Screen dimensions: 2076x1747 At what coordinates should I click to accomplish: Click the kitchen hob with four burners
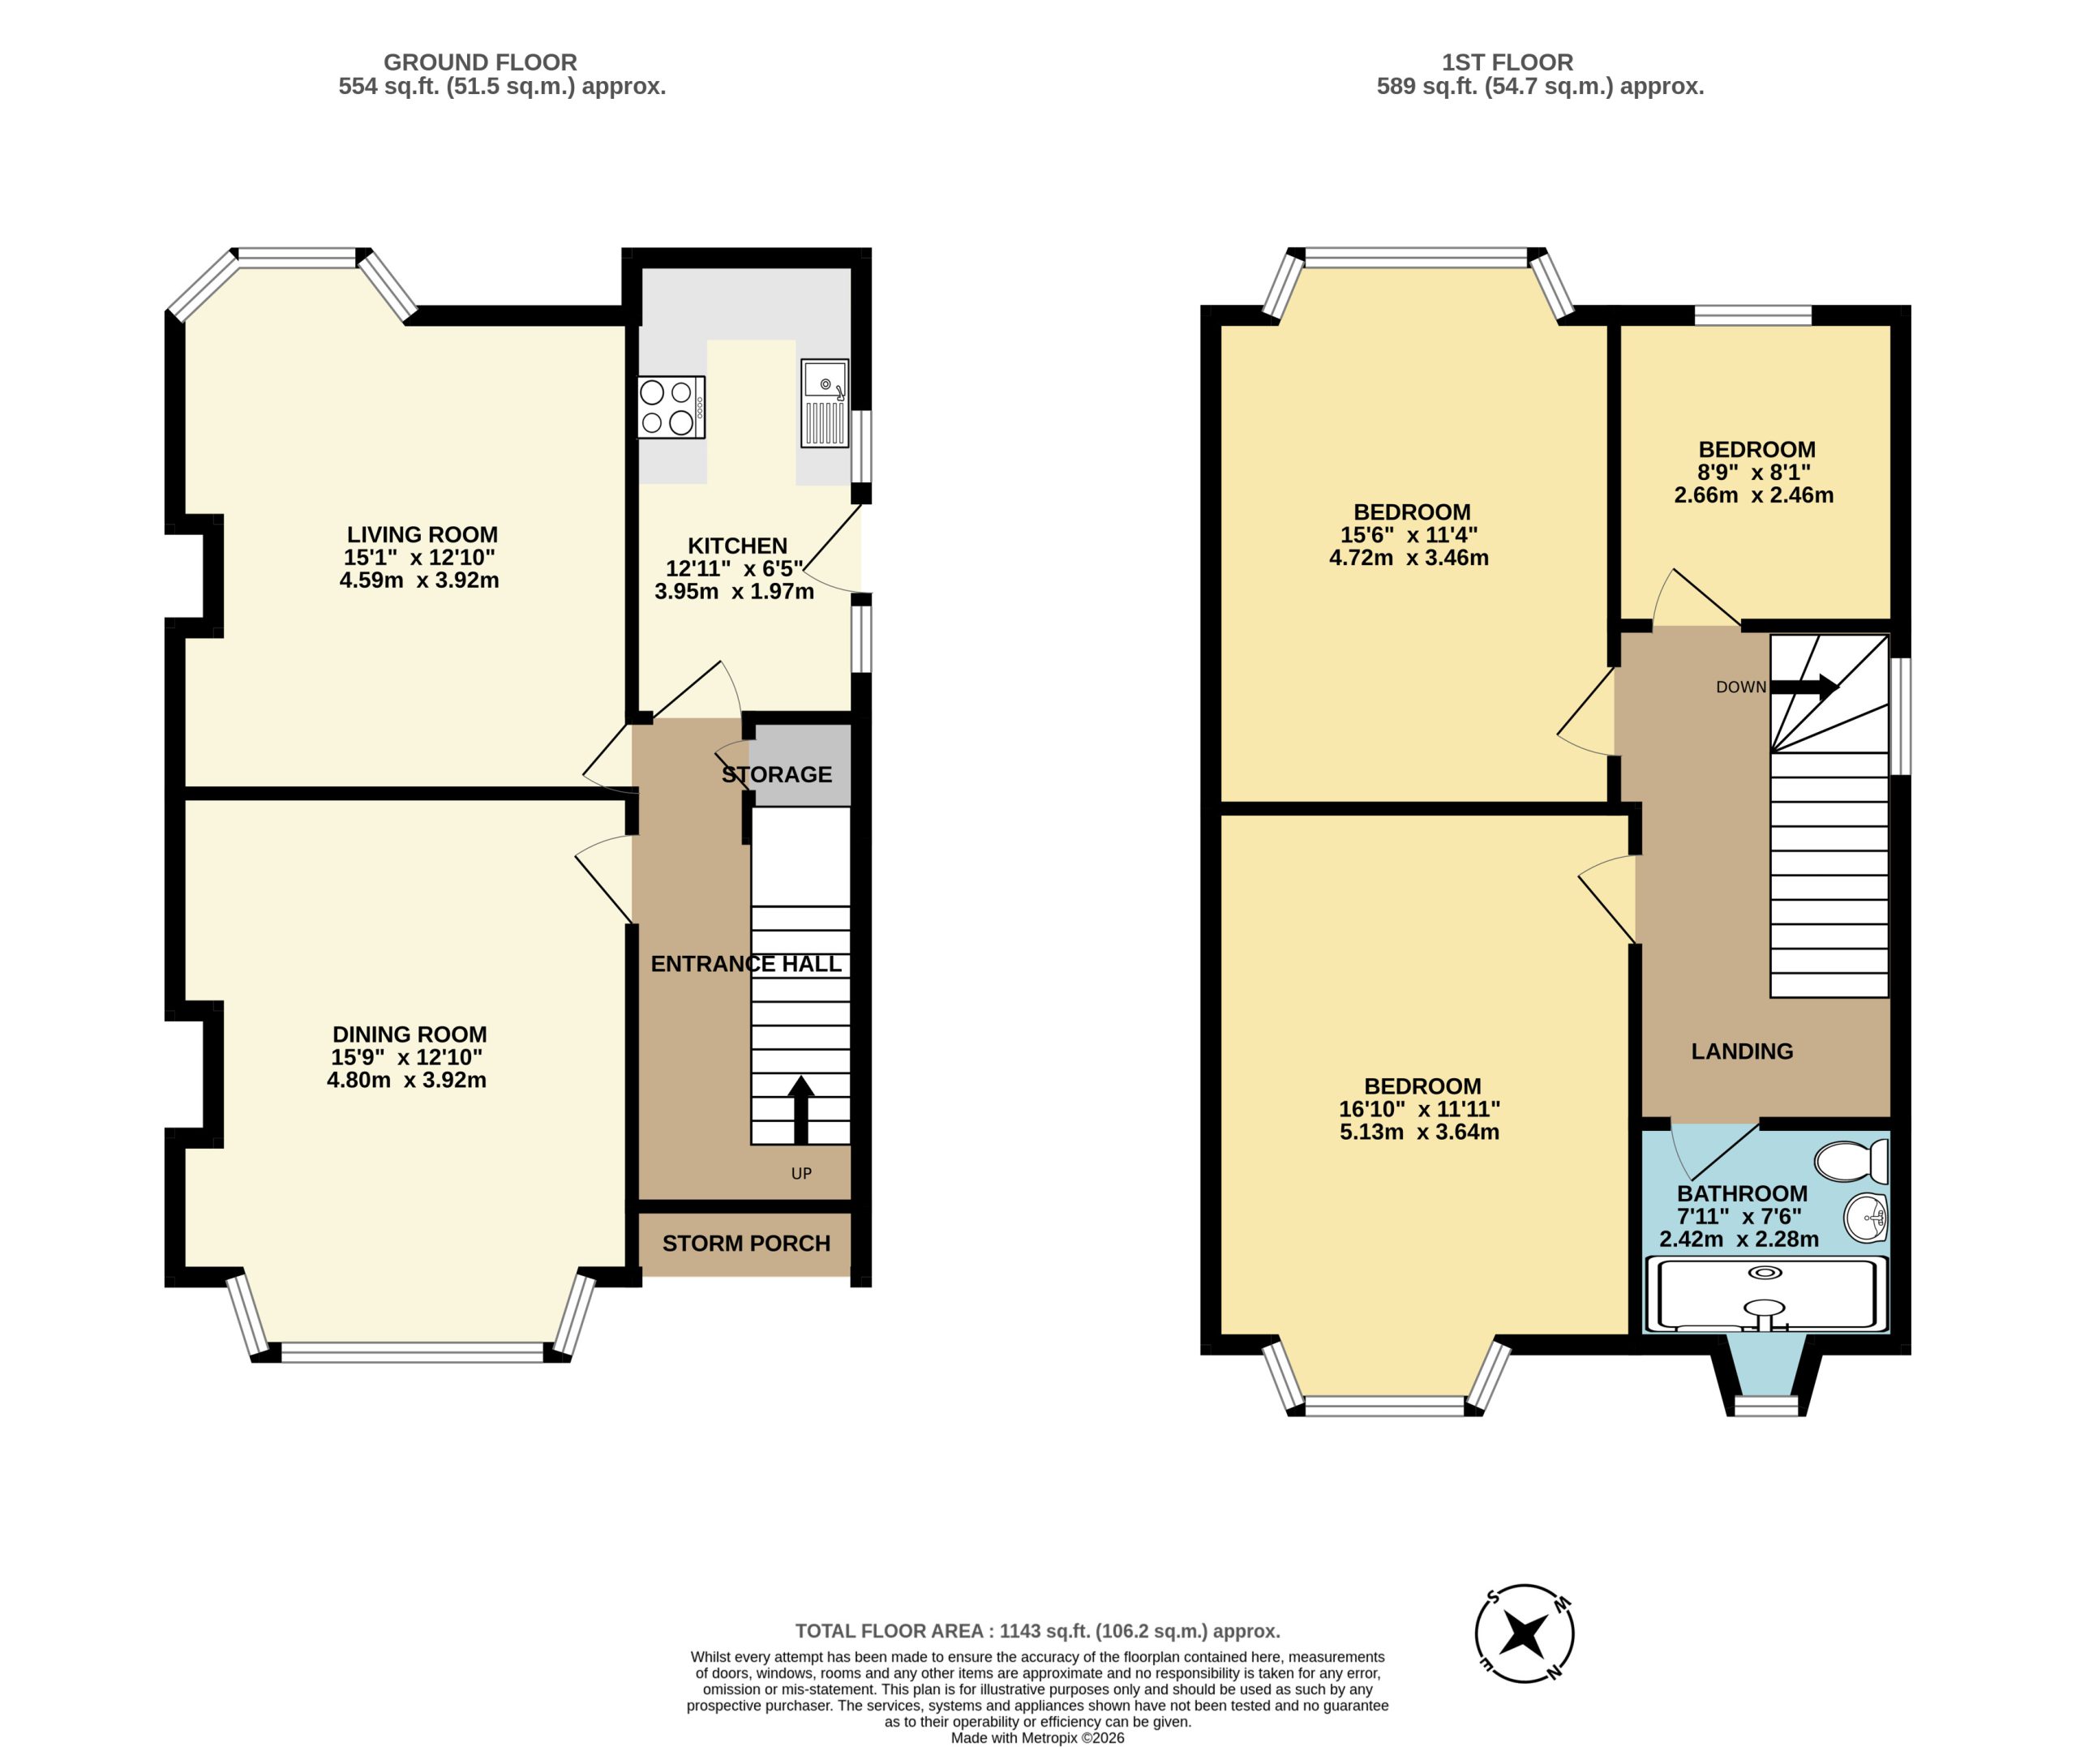[671, 407]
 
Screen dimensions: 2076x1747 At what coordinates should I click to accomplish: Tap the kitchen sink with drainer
[824, 403]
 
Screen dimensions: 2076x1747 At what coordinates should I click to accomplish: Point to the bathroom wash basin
[1867, 1216]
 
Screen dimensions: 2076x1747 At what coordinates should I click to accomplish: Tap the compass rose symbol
[1525, 1634]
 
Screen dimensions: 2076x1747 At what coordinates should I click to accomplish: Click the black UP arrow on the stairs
[800, 1110]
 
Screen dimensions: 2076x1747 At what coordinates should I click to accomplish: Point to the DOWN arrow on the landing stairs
[1804, 687]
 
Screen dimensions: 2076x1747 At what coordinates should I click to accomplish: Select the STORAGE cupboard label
[777, 774]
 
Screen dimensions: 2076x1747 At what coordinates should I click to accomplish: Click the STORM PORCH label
[746, 1243]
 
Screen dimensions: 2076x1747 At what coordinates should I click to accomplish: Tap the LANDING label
[1741, 1051]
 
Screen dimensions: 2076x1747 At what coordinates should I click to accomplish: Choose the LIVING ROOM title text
[422, 535]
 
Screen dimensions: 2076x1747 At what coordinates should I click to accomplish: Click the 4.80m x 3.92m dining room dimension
[406, 1081]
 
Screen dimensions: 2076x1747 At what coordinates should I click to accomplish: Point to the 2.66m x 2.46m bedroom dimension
[1753, 495]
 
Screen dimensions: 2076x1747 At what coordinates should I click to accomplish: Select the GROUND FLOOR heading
[479, 62]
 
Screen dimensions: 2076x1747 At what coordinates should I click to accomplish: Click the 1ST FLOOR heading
[1507, 62]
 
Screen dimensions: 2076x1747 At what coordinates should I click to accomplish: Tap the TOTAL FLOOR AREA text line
[1037, 1631]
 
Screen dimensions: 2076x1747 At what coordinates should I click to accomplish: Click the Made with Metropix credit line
[1037, 1737]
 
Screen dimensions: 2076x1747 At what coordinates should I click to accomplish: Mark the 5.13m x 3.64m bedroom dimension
[1418, 1132]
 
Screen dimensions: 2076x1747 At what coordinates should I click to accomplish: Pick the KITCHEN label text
[737, 546]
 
